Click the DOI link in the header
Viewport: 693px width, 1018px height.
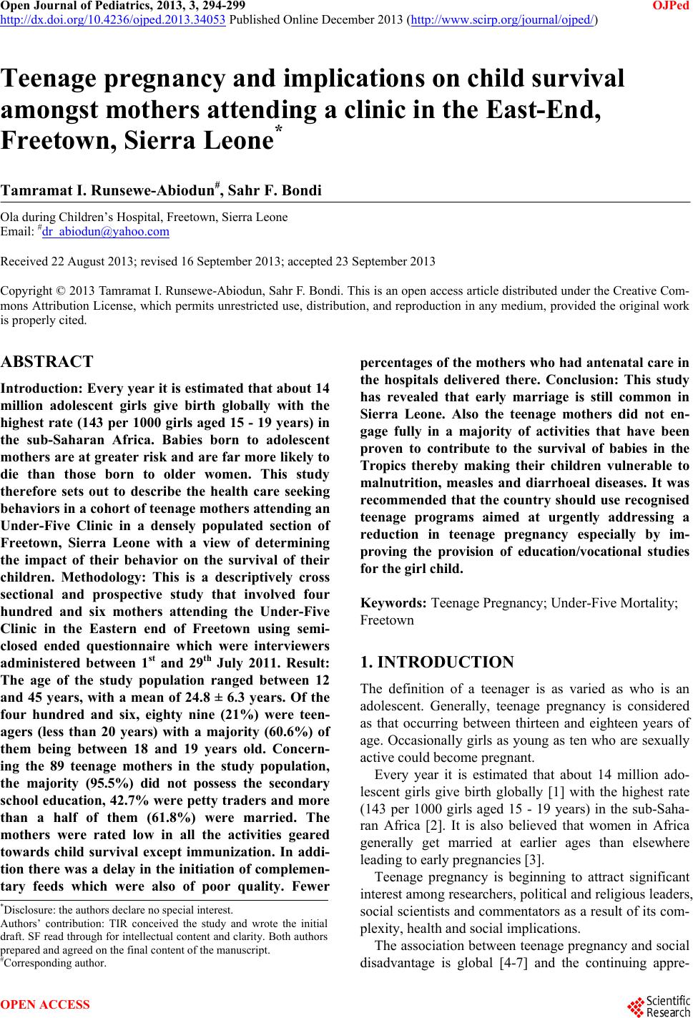(x=114, y=19)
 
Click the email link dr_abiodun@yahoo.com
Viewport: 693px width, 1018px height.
(x=106, y=232)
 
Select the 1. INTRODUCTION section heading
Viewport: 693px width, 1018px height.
(x=437, y=662)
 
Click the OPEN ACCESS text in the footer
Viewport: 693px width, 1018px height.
(x=46, y=1005)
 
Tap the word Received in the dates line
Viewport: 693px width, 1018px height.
(x=21, y=262)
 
